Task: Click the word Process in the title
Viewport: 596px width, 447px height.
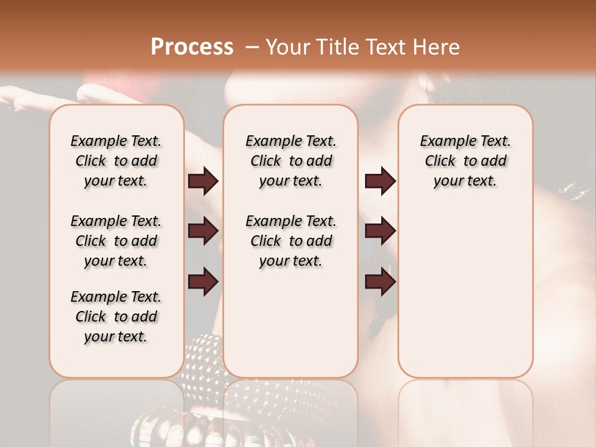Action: (x=192, y=47)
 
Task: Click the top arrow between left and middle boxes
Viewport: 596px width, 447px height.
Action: (x=204, y=181)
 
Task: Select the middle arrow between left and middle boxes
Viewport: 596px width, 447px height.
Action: (x=204, y=232)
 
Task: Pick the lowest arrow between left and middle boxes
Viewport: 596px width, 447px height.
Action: (x=204, y=282)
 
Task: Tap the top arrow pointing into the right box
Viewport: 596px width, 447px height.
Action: (x=380, y=181)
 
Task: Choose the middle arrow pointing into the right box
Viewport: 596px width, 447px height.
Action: (x=380, y=232)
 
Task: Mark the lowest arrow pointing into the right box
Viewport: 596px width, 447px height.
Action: (x=380, y=282)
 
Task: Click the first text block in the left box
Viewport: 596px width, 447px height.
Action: (x=116, y=161)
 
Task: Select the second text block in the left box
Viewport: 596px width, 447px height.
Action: (x=116, y=241)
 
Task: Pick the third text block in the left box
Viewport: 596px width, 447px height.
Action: (x=116, y=317)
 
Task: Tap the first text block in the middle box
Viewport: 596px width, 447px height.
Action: (x=291, y=161)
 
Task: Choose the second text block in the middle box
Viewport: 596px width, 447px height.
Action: (x=291, y=241)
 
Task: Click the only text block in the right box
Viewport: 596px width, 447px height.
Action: (x=466, y=161)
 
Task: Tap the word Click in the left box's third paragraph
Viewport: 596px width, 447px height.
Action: (x=91, y=317)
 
